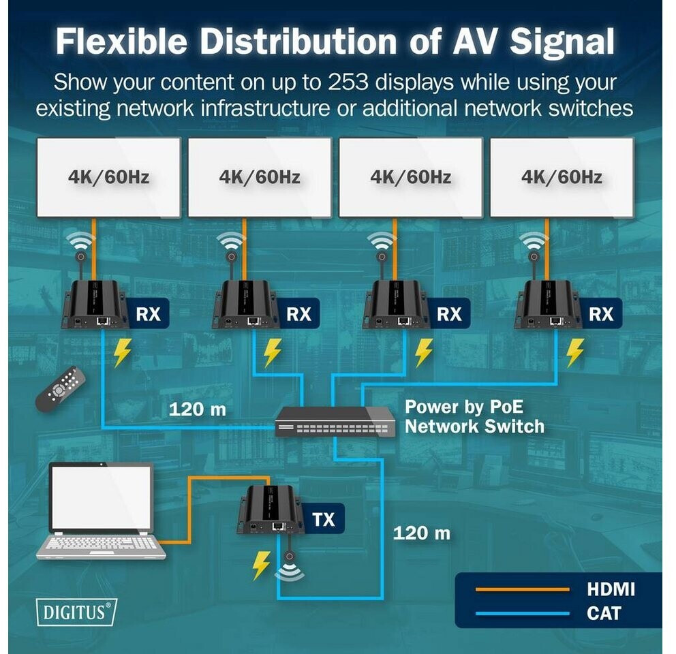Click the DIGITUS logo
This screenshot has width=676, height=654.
[76, 612]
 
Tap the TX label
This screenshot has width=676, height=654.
[324, 519]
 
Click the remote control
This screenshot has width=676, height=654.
[61, 389]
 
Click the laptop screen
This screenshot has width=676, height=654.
[102, 498]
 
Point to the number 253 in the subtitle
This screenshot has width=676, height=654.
[348, 82]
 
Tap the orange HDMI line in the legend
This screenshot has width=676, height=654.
[523, 589]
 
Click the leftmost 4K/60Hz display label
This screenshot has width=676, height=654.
[108, 176]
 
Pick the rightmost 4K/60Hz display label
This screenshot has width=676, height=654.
[562, 176]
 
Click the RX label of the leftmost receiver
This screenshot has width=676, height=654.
[149, 314]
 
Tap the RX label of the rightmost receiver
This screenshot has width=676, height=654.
[601, 314]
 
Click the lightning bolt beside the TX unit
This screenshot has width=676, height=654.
[261, 565]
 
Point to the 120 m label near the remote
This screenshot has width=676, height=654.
[198, 409]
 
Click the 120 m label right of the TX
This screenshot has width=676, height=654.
[422, 533]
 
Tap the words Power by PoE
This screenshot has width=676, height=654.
[464, 407]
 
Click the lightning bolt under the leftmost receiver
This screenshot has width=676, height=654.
[122, 352]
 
